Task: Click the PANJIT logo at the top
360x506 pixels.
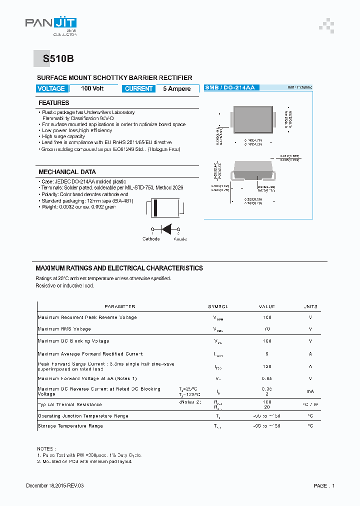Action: click(50, 24)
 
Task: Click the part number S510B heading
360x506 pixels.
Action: click(58, 58)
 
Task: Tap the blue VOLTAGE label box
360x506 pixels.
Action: click(51, 88)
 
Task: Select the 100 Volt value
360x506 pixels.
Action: click(92, 88)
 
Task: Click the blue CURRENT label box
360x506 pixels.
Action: click(138, 88)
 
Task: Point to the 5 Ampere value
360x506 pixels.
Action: click(176, 88)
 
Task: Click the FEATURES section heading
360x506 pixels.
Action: click(54, 103)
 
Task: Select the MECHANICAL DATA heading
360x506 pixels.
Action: click(67, 172)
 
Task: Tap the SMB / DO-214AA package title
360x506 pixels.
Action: click(230, 87)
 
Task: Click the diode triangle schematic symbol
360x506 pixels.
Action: click(166, 229)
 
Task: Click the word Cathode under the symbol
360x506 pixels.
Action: click(151, 239)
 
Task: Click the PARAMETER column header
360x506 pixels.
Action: click(119, 306)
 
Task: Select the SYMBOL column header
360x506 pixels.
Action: click(218, 306)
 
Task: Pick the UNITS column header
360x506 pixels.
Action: click(310, 306)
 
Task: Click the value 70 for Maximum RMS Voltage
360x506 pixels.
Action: click(266, 329)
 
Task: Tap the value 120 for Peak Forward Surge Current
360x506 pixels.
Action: click(266, 366)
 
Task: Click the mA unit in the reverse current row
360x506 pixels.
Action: click(310, 391)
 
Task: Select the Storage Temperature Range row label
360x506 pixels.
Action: click(70, 426)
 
